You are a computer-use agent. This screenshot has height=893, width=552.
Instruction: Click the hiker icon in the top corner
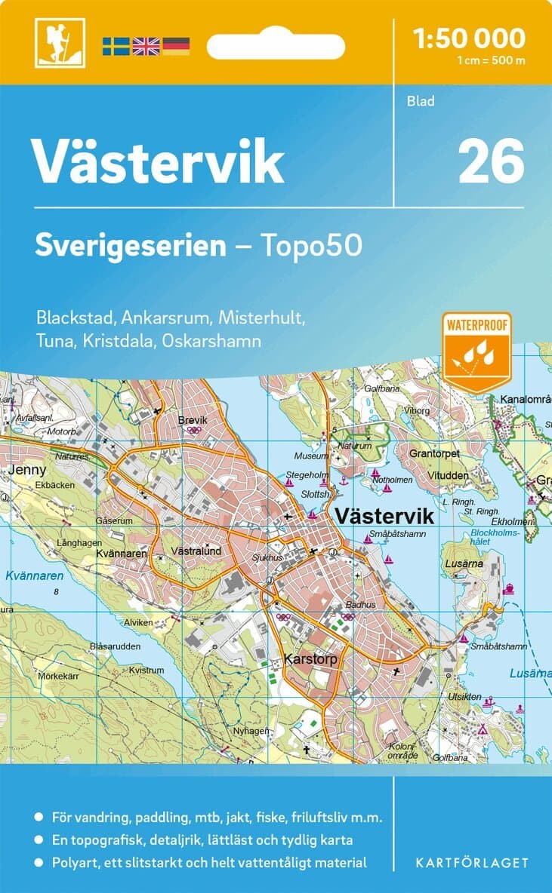pyautogui.click(x=60, y=43)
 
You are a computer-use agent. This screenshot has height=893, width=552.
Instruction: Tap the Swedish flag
pyautogui.click(x=116, y=46)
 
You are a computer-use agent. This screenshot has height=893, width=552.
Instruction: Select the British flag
pyautogui.click(x=146, y=46)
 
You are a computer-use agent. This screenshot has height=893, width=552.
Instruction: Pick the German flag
pyautogui.click(x=176, y=46)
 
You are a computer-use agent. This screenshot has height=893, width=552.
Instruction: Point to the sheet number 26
pyautogui.click(x=490, y=161)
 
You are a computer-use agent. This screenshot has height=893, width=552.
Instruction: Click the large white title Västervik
pyautogui.click(x=157, y=161)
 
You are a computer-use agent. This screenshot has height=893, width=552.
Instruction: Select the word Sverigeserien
pyautogui.click(x=131, y=245)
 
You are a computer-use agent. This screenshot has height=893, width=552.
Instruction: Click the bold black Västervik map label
pyautogui.click(x=384, y=517)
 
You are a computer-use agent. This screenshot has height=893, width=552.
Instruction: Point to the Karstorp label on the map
pyautogui.click(x=310, y=660)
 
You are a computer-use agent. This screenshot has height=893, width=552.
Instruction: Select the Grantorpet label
pyautogui.click(x=434, y=454)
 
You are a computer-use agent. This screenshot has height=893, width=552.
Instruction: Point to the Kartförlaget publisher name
pyautogui.click(x=472, y=862)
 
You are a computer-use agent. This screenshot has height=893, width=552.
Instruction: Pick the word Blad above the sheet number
pyautogui.click(x=421, y=100)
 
